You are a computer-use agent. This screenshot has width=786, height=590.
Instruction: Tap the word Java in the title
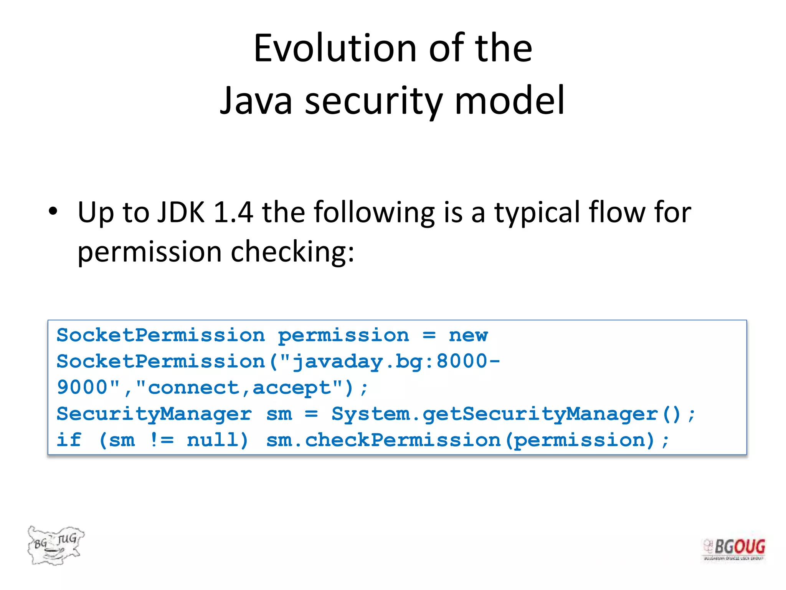256,101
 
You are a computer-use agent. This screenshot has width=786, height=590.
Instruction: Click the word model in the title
509,101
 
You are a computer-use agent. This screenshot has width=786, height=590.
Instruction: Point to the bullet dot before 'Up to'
53,211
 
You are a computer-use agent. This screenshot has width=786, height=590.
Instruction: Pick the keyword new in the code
468,335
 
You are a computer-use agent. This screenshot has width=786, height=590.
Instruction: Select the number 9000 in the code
82,387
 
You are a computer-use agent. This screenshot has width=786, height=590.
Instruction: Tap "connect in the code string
188,387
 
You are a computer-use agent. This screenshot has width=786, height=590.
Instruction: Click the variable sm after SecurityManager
279,414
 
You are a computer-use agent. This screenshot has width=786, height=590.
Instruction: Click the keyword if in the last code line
69,440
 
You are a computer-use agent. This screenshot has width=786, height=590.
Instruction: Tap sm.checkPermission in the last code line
383,440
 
